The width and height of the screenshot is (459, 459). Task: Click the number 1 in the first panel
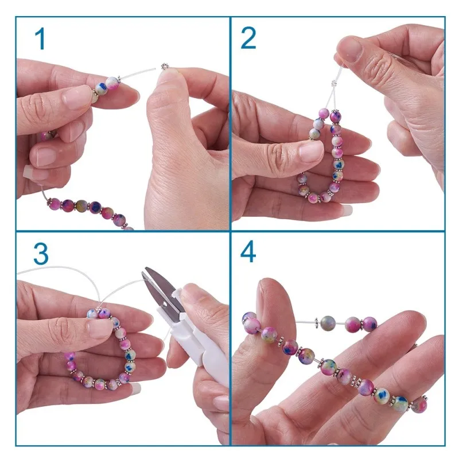(40, 38)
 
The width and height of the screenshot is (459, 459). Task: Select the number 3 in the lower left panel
(41, 254)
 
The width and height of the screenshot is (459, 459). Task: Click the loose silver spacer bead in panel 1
(165, 66)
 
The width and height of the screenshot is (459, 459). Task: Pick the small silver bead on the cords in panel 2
(334, 83)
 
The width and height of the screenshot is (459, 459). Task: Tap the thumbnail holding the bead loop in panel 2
(311, 151)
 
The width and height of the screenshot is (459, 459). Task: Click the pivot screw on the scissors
(164, 305)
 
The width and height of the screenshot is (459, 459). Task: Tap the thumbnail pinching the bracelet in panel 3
(99, 329)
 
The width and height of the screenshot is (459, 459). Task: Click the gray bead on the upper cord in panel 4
(328, 322)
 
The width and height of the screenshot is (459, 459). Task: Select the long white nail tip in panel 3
(136, 388)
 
